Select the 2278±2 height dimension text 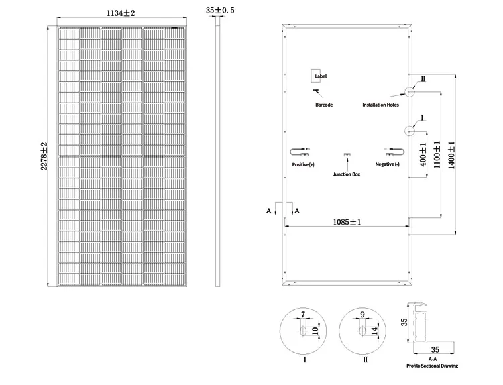point(44,156)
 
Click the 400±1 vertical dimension point(423,154)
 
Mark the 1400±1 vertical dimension point(451,155)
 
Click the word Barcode point(324,105)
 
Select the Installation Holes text point(380,105)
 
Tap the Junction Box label point(346,174)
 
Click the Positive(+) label point(303,164)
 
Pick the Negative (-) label point(387,164)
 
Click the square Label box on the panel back point(316,76)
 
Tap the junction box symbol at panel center point(347,155)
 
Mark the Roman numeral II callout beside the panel point(423,79)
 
